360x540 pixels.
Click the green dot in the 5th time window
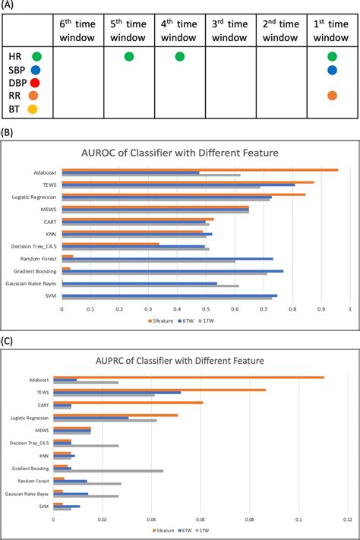(128, 56)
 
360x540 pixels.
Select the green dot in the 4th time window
(179, 56)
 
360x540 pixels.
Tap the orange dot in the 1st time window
(333, 96)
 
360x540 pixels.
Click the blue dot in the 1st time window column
(333, 70)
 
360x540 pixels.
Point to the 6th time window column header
(78, 31)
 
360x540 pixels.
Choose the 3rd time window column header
(230, 31)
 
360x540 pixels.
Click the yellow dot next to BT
(33, 109)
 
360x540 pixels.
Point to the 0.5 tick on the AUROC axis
(205, 309)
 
